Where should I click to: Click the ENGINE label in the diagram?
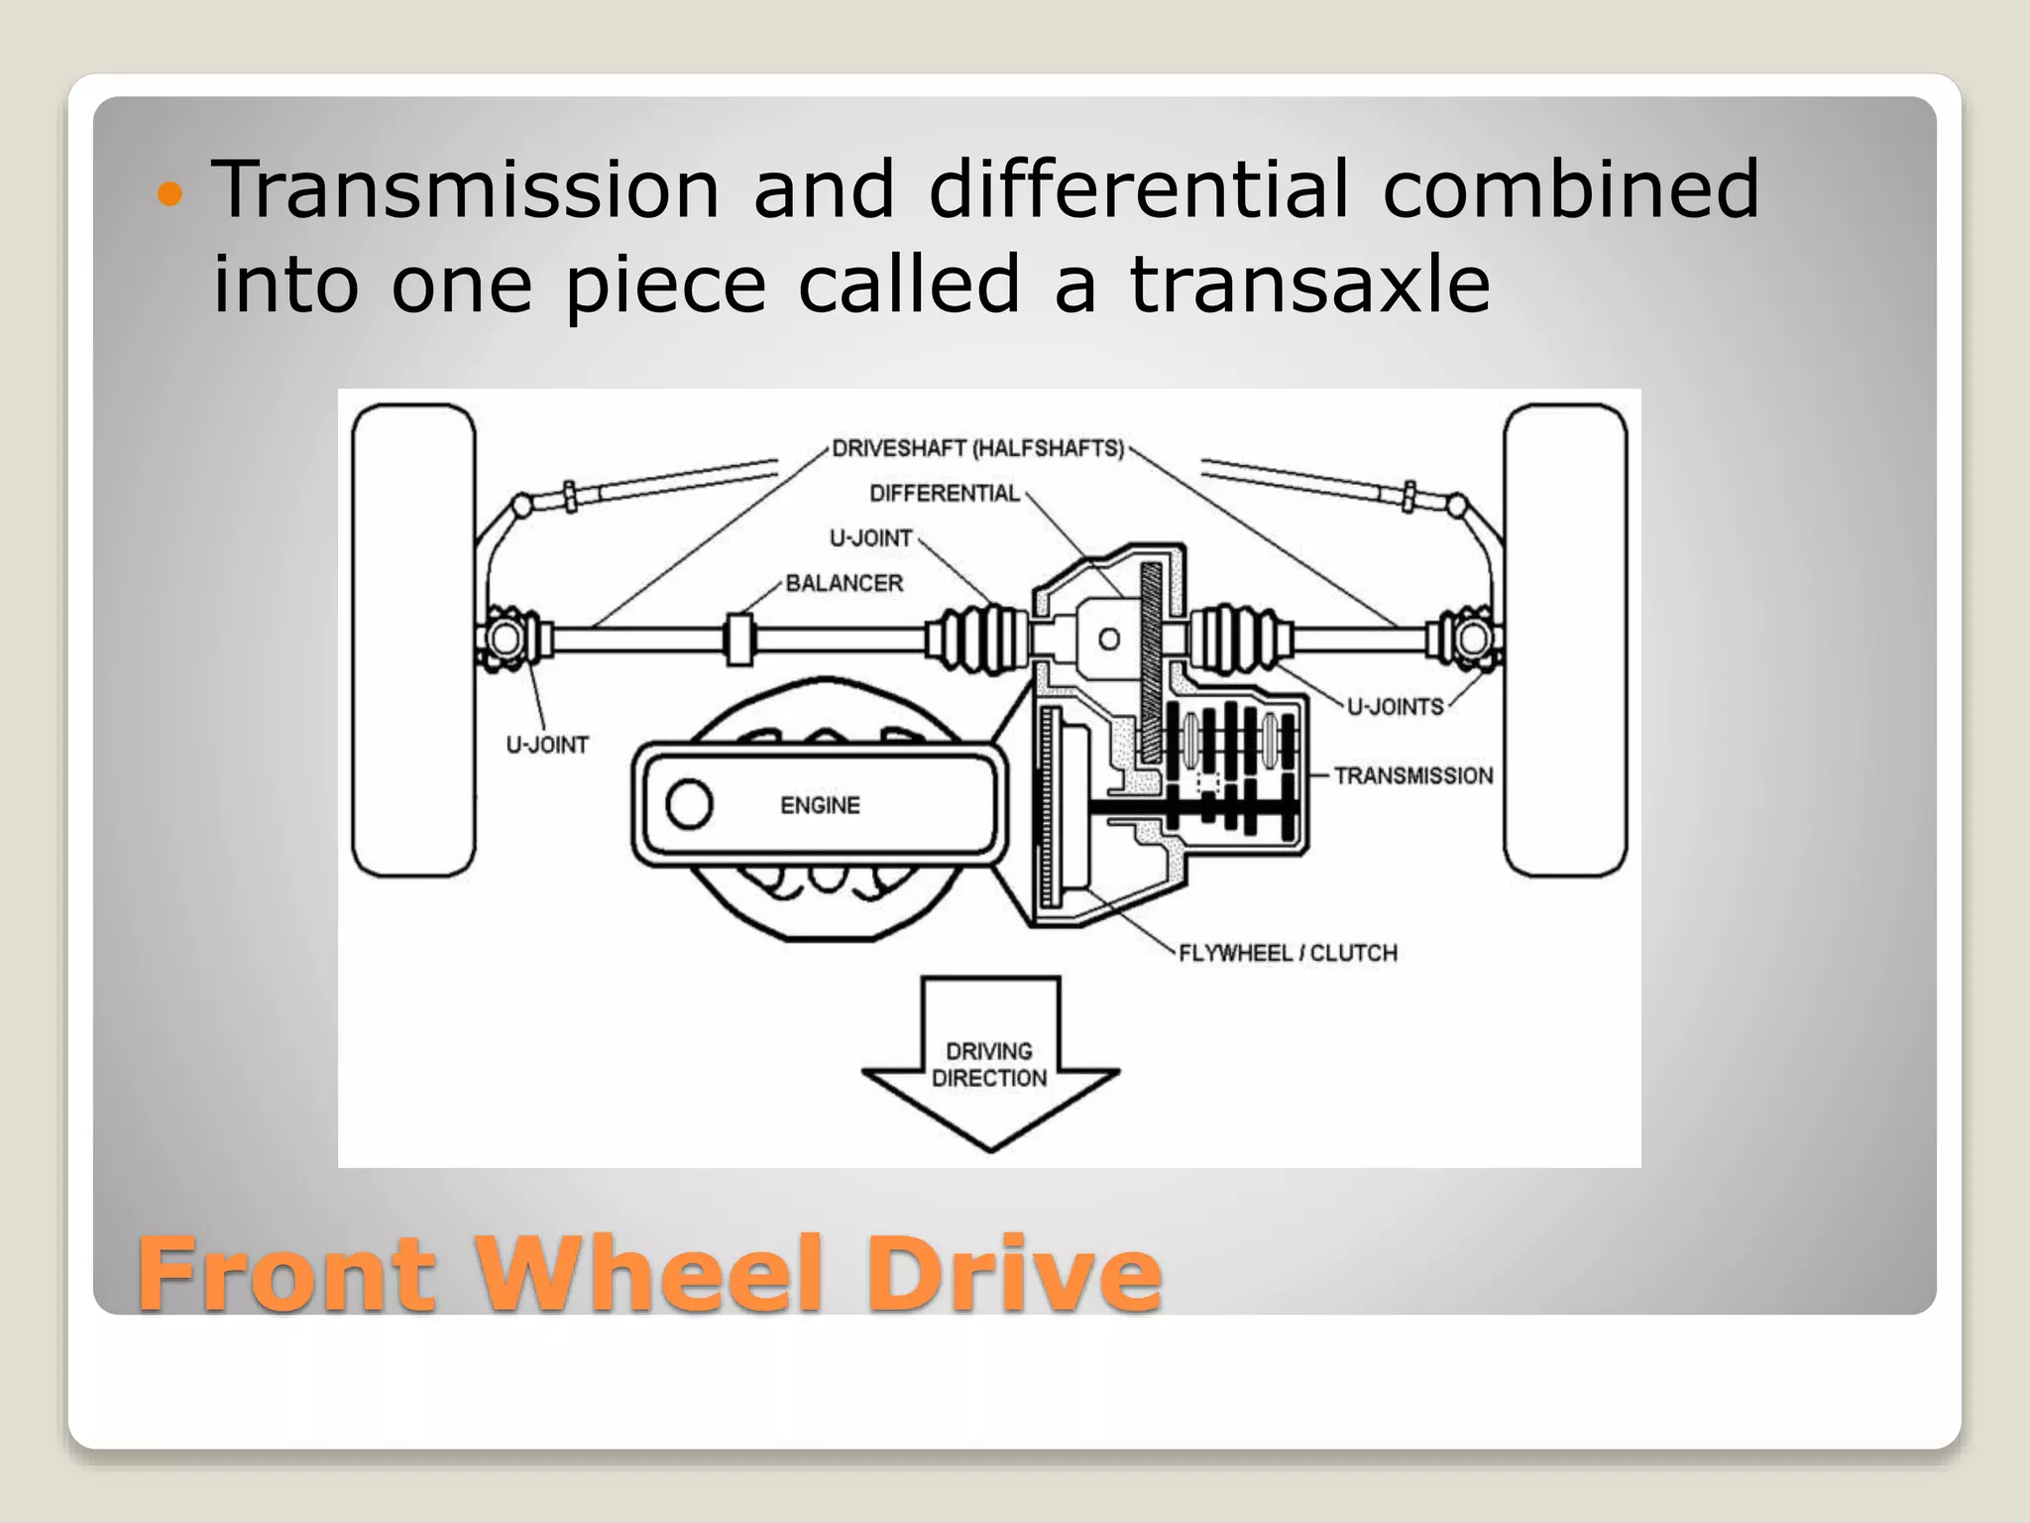[x=820, y=805]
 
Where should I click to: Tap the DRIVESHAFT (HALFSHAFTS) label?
[x=977, y=449]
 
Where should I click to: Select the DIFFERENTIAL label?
[x=944, y=494]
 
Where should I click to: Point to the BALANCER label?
[x=844, y=583]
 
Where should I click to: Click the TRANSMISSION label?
[x=1412, y=775]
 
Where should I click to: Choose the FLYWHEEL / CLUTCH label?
[x=1288, y=953]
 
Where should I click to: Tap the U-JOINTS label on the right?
[x=1395, y=707]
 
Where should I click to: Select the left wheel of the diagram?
[x=413, y=641]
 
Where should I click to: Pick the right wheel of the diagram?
[x=1565, y=641]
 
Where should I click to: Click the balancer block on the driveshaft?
[x=738, y=640]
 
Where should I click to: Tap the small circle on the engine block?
[x=689, y=804]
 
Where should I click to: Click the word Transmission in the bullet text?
[x=466, y=188]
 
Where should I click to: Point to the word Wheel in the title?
[x=649, y=1273]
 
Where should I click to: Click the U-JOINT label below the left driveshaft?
[x=547, y=745]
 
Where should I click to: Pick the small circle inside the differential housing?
[x=1110, y=640]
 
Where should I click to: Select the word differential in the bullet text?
[x=1138, y=188]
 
